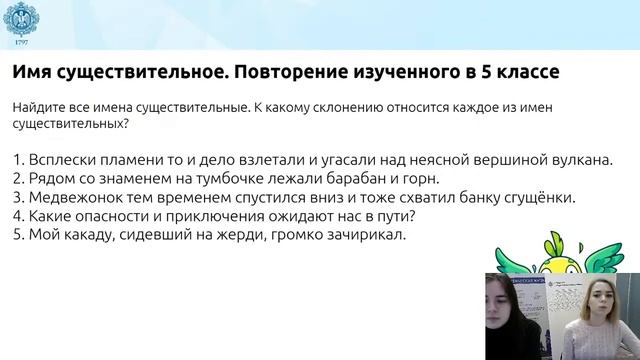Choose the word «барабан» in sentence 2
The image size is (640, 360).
coord(338,179)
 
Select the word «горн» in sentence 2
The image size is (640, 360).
coord(410,179)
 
